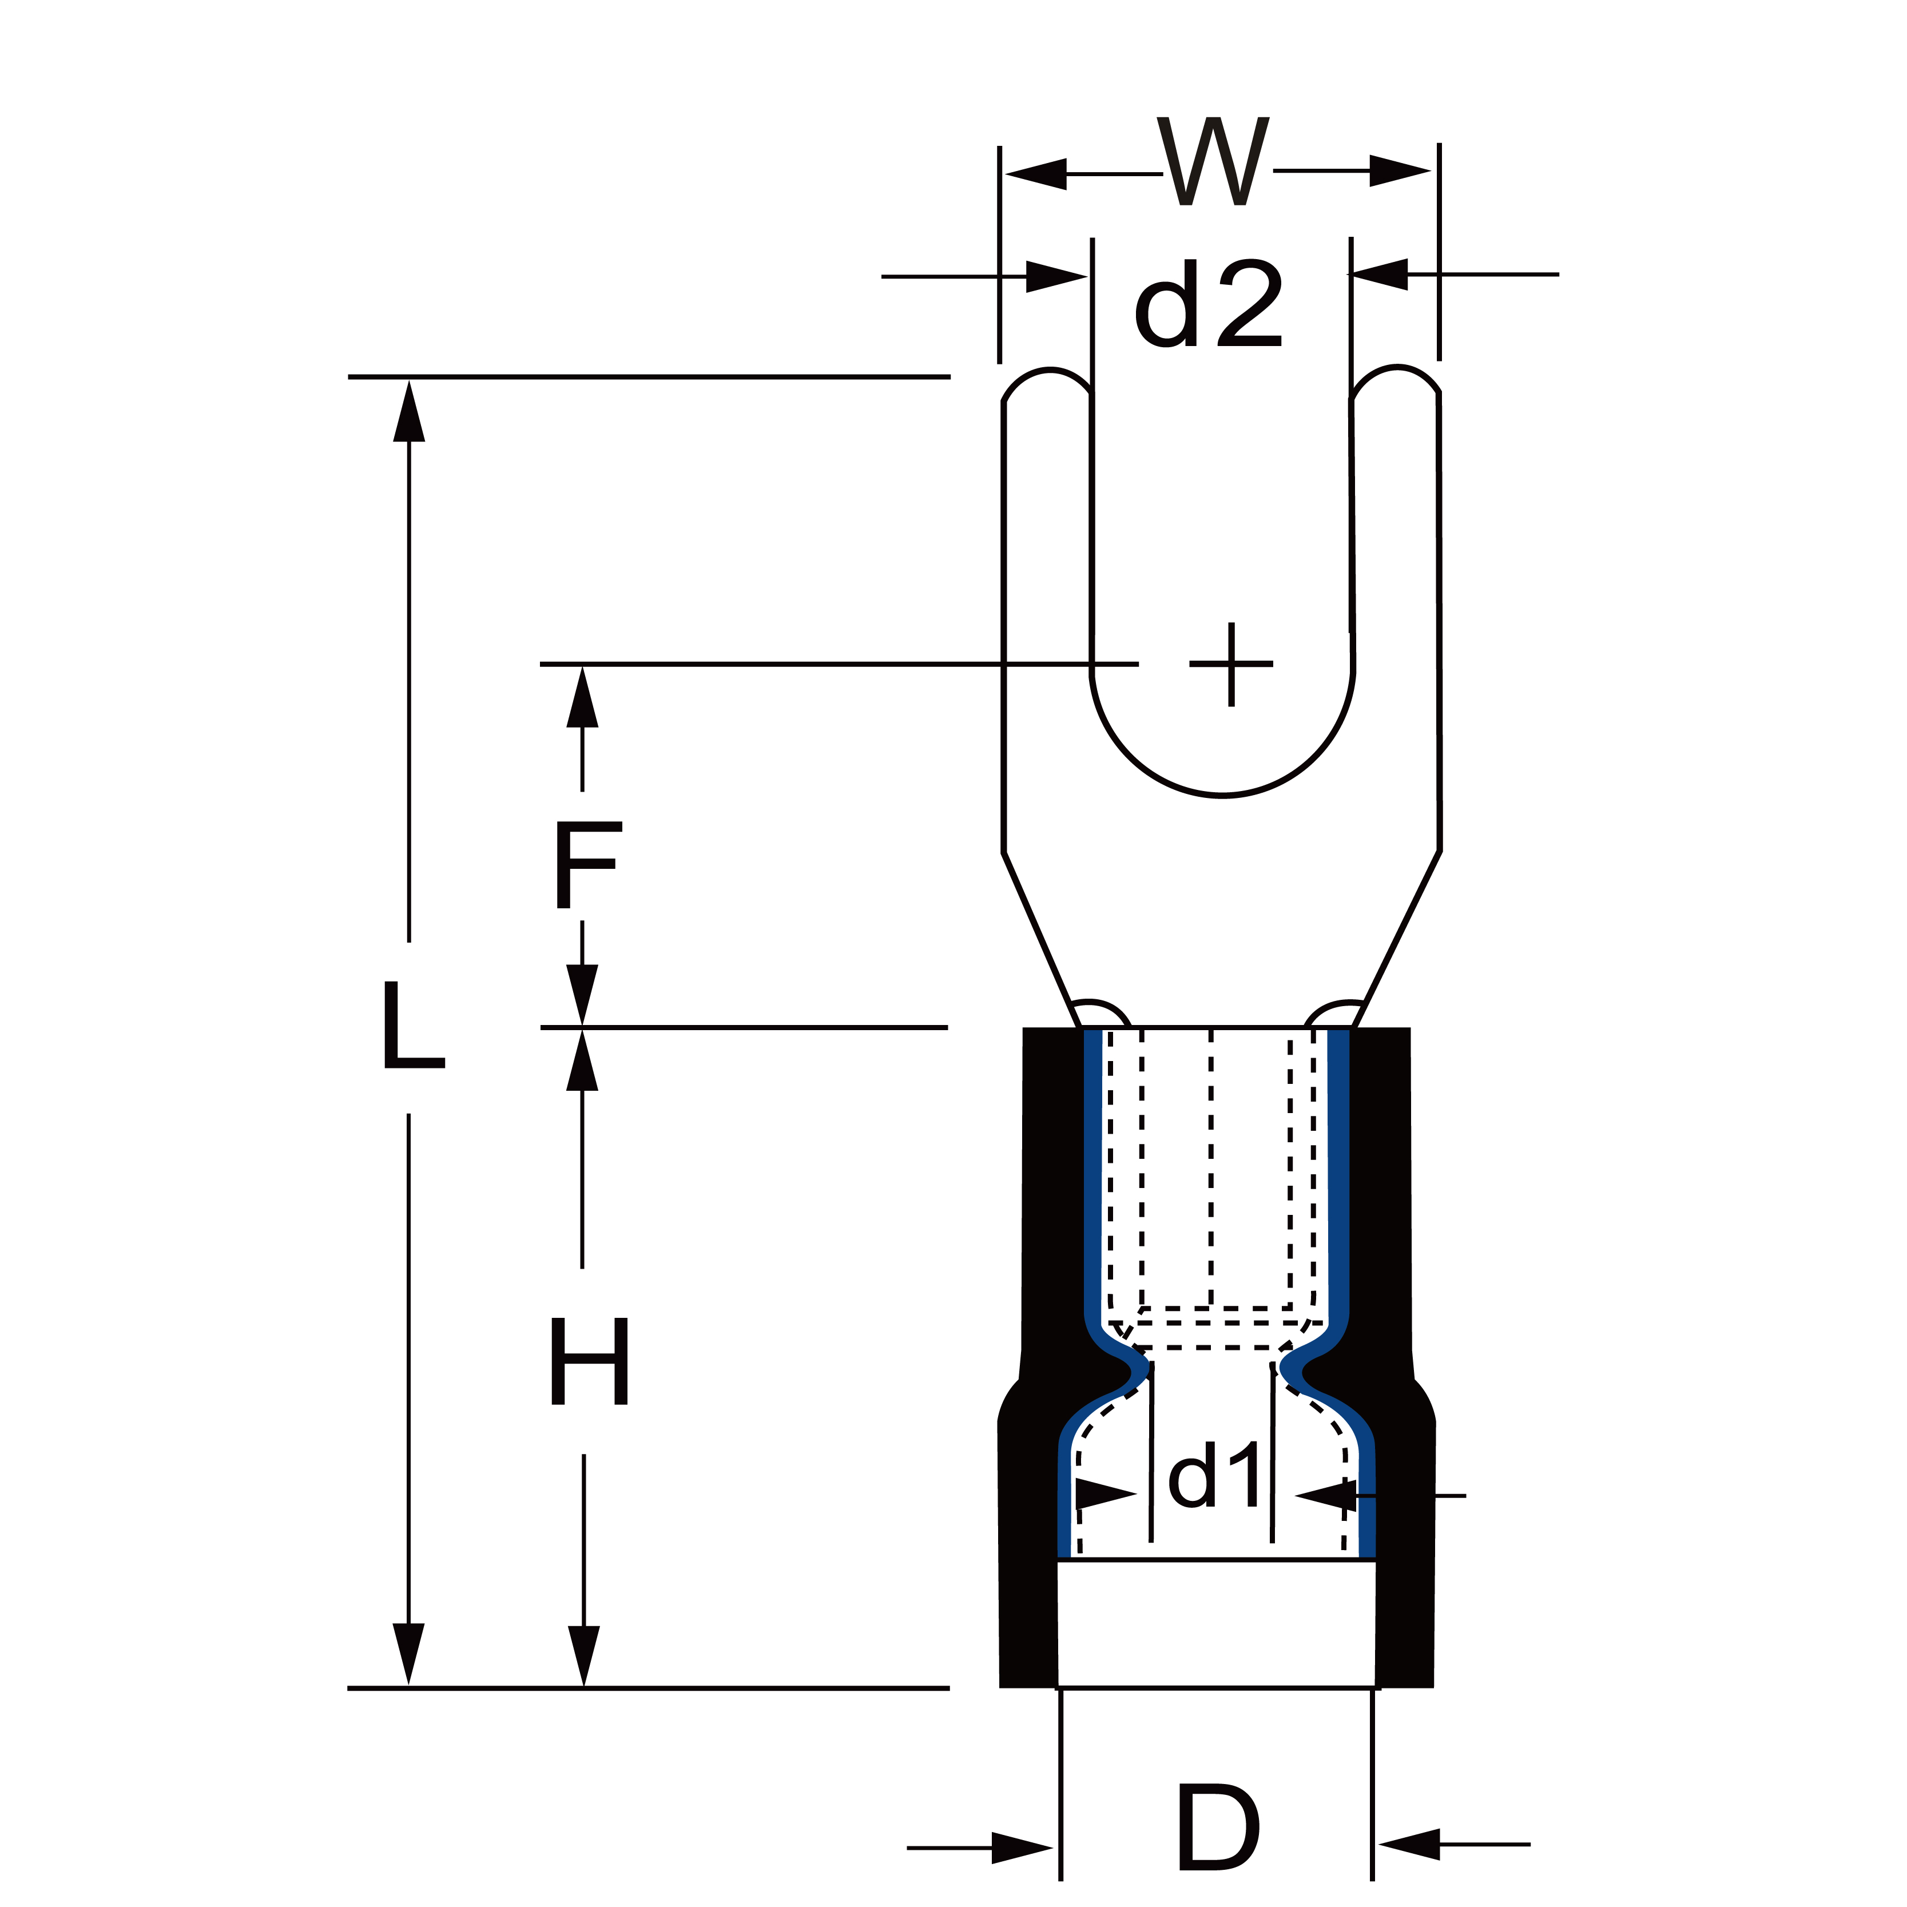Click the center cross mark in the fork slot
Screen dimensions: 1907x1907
[1231, 664]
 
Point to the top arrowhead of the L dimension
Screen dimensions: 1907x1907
[408, 411]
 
